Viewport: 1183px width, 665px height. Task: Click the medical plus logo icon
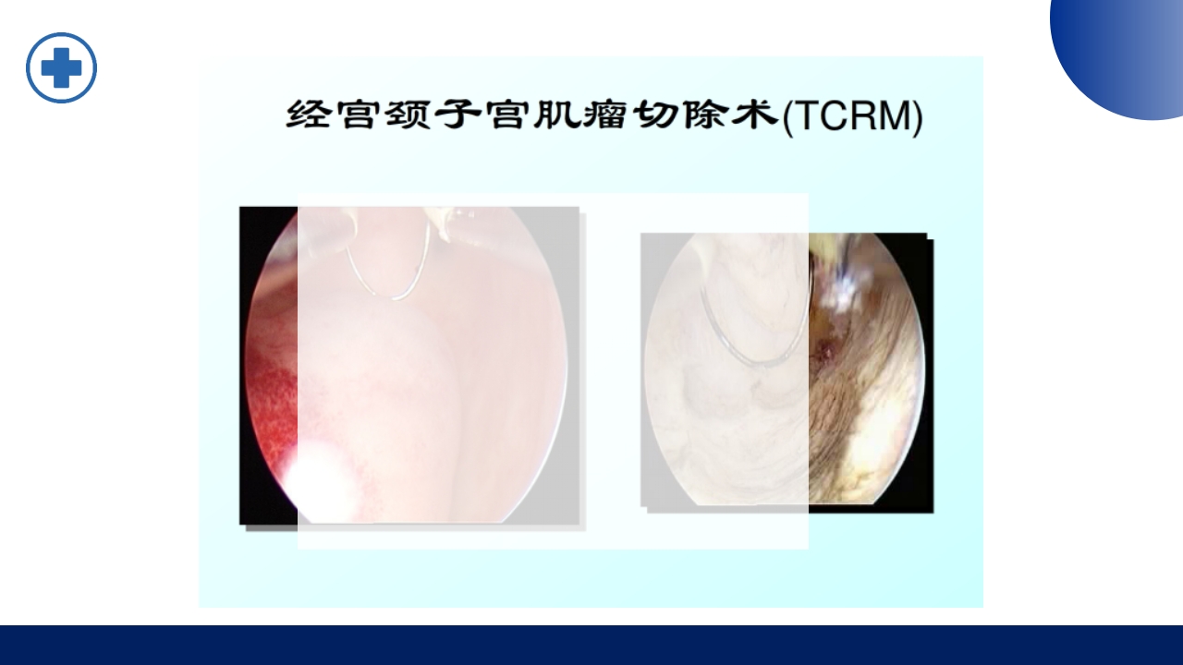click(61, 67)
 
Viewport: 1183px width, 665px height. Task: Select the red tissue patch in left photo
click(273, 406)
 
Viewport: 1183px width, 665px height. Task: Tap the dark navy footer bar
click(591, 645)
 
